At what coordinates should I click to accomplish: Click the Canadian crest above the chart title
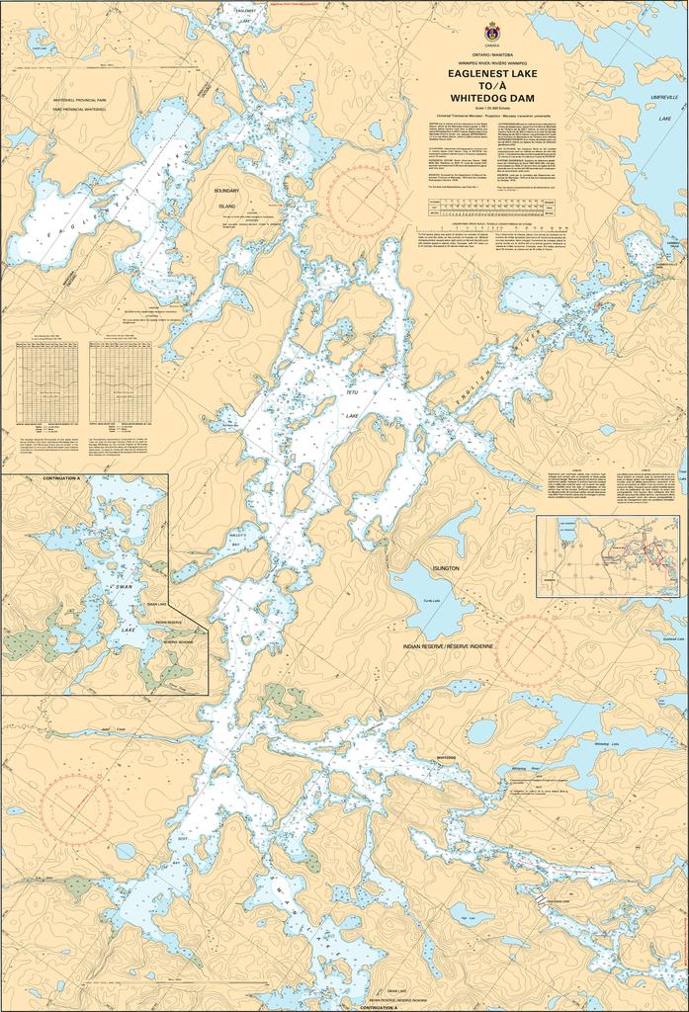[491, 31]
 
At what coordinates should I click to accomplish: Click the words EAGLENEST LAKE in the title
[491, 72]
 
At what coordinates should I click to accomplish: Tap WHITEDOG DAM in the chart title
[491, 98]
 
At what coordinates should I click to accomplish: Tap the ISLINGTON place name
[446, 569]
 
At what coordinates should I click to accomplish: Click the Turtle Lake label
[430, 600]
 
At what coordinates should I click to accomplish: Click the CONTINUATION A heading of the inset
[60, 478]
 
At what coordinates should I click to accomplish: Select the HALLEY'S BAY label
[243, 538]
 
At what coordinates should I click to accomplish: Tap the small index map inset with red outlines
[608, 555]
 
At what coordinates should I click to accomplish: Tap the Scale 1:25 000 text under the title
[491, 108]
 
